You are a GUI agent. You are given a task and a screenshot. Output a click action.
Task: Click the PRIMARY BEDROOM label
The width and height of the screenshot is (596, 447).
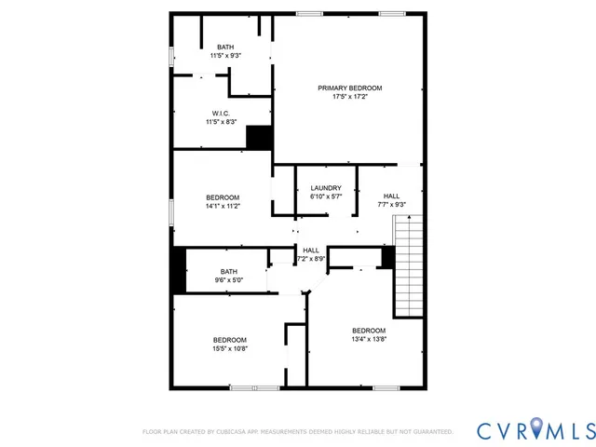(349, 88)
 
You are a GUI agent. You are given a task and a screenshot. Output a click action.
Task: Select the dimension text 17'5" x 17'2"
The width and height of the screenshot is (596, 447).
(349, 97)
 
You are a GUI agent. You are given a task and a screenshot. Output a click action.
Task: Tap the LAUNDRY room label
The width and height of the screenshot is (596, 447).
(325, 188)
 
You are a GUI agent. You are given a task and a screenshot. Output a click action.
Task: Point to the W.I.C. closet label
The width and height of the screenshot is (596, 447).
(221, 113)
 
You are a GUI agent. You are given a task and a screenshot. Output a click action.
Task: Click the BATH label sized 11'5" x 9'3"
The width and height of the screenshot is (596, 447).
(225, 47)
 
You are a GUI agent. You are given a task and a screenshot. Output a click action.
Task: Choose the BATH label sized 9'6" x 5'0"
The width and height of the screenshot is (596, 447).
(228, 271)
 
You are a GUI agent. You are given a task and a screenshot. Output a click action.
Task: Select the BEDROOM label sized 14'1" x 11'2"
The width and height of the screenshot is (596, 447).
(223, 196)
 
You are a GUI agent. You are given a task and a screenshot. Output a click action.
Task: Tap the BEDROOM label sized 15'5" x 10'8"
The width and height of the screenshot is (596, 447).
(229, 339)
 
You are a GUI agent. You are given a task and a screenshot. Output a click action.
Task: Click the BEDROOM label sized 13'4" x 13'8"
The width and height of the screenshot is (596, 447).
(368, 331)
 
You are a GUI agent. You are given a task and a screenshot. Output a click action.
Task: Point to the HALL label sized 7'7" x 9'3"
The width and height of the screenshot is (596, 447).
(391, 195)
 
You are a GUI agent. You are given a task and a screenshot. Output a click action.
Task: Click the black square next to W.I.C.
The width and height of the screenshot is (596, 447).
(259, 138)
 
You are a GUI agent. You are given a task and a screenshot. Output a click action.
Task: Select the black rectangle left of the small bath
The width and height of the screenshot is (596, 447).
(178, 271)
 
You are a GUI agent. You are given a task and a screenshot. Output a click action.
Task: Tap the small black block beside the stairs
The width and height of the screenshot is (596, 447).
(388, 258)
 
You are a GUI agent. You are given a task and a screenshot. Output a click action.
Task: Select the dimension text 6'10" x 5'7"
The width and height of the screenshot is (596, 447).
(325, 197)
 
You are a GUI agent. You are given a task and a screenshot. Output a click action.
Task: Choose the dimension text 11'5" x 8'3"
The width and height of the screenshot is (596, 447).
(221, 122)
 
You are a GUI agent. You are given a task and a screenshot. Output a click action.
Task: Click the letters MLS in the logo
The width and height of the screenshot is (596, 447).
(571, 429)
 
